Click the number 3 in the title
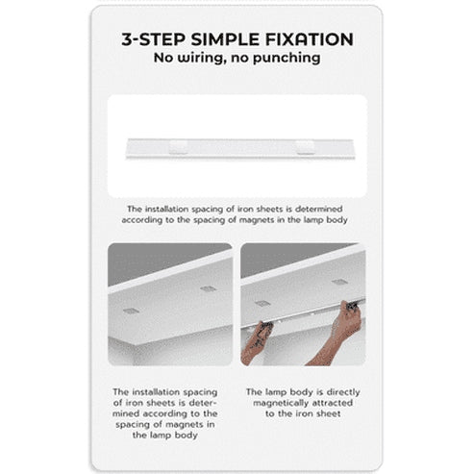(x=128, y=39)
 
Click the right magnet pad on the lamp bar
(x=305, y=146)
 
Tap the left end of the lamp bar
(x=130, y=147)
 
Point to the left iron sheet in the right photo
(x=262, y=302)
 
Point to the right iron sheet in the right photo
(x=338, y=282)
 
